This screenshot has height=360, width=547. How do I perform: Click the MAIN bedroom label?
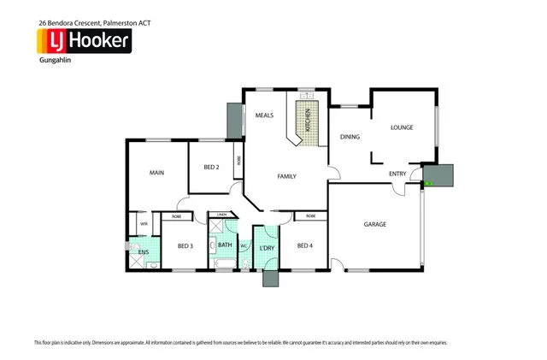click(x=156, y=173)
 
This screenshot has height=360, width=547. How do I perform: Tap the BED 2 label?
click(x=213, y=167)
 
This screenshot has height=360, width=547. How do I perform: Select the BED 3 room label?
click(x=185, y=246)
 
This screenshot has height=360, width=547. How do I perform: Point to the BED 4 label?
click(x=305, y=246)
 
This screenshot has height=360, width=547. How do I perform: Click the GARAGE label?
click(x=375, y=224)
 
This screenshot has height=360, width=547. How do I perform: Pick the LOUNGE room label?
click(x=402, y=127)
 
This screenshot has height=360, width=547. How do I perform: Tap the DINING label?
click(x=350, y=137)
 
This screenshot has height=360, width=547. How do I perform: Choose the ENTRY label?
click(x=397, y=174)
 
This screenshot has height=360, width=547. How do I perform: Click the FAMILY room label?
click(x=286, y=176)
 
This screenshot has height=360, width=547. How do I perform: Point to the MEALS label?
click(x=264, y=115)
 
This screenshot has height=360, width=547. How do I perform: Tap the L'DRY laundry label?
click(x=267, y=248)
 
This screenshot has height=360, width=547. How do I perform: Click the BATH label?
click(x=224, y=245)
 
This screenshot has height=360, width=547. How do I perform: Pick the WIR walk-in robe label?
click(x=144, y=224)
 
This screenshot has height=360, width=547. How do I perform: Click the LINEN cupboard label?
click(x=221, y=215)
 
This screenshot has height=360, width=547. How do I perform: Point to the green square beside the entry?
click(x=430, y=182)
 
